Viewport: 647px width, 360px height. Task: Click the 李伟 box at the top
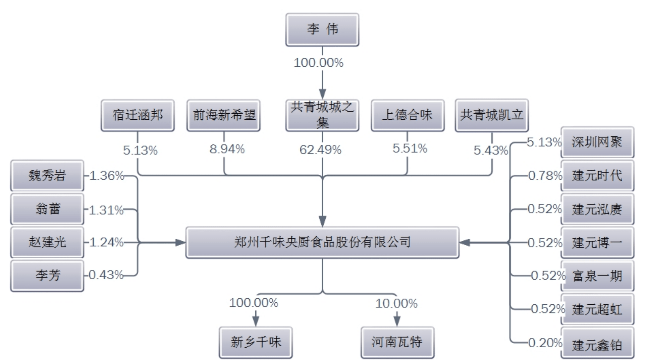point(322,29)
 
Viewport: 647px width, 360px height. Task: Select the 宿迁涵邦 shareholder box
point(138,115)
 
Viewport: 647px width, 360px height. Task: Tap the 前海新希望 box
point(223,115)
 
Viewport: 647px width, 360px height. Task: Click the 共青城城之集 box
point(322,115)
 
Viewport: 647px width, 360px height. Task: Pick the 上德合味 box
point(408,115)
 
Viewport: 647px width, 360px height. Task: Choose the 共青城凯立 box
point(492,115)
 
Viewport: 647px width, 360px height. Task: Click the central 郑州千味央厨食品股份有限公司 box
point(322,242)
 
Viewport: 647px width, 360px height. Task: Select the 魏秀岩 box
point(47,175)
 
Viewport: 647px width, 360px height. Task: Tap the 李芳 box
point(47,276)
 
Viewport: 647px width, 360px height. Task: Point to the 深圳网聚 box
point(597,142)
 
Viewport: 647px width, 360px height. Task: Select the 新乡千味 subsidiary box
point(256,342)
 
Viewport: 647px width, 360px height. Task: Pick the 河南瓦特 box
point(397,342)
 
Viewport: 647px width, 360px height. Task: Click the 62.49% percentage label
point(320,149)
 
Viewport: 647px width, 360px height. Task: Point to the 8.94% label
point(227,149)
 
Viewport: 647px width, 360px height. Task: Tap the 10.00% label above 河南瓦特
point(396,303)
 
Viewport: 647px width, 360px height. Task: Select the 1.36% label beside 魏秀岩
point(107,175)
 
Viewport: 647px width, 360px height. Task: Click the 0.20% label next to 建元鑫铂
point(545,343)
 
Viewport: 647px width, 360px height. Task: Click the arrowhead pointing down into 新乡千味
point(256,321)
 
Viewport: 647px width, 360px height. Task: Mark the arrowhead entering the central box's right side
point(465,242)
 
